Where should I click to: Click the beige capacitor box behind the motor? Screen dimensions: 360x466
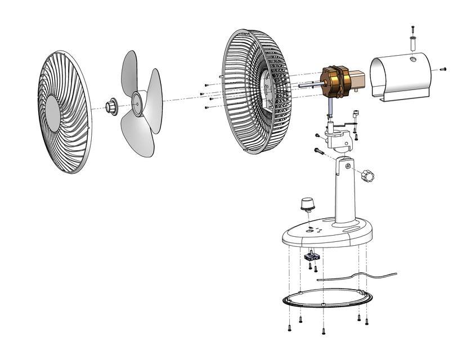(x=358, y=80)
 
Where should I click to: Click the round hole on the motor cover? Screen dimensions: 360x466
(x=413, y=57)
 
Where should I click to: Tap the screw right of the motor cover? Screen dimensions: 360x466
(x=443, y=69)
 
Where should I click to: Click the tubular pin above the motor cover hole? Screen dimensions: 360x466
(x=413, y=42)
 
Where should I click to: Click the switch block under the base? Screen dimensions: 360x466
(x=311, y=256)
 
